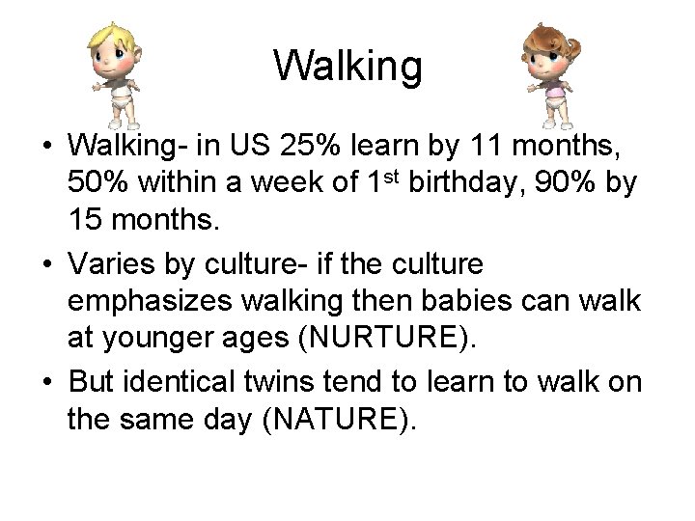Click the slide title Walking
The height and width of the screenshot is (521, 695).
coord(347,67)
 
